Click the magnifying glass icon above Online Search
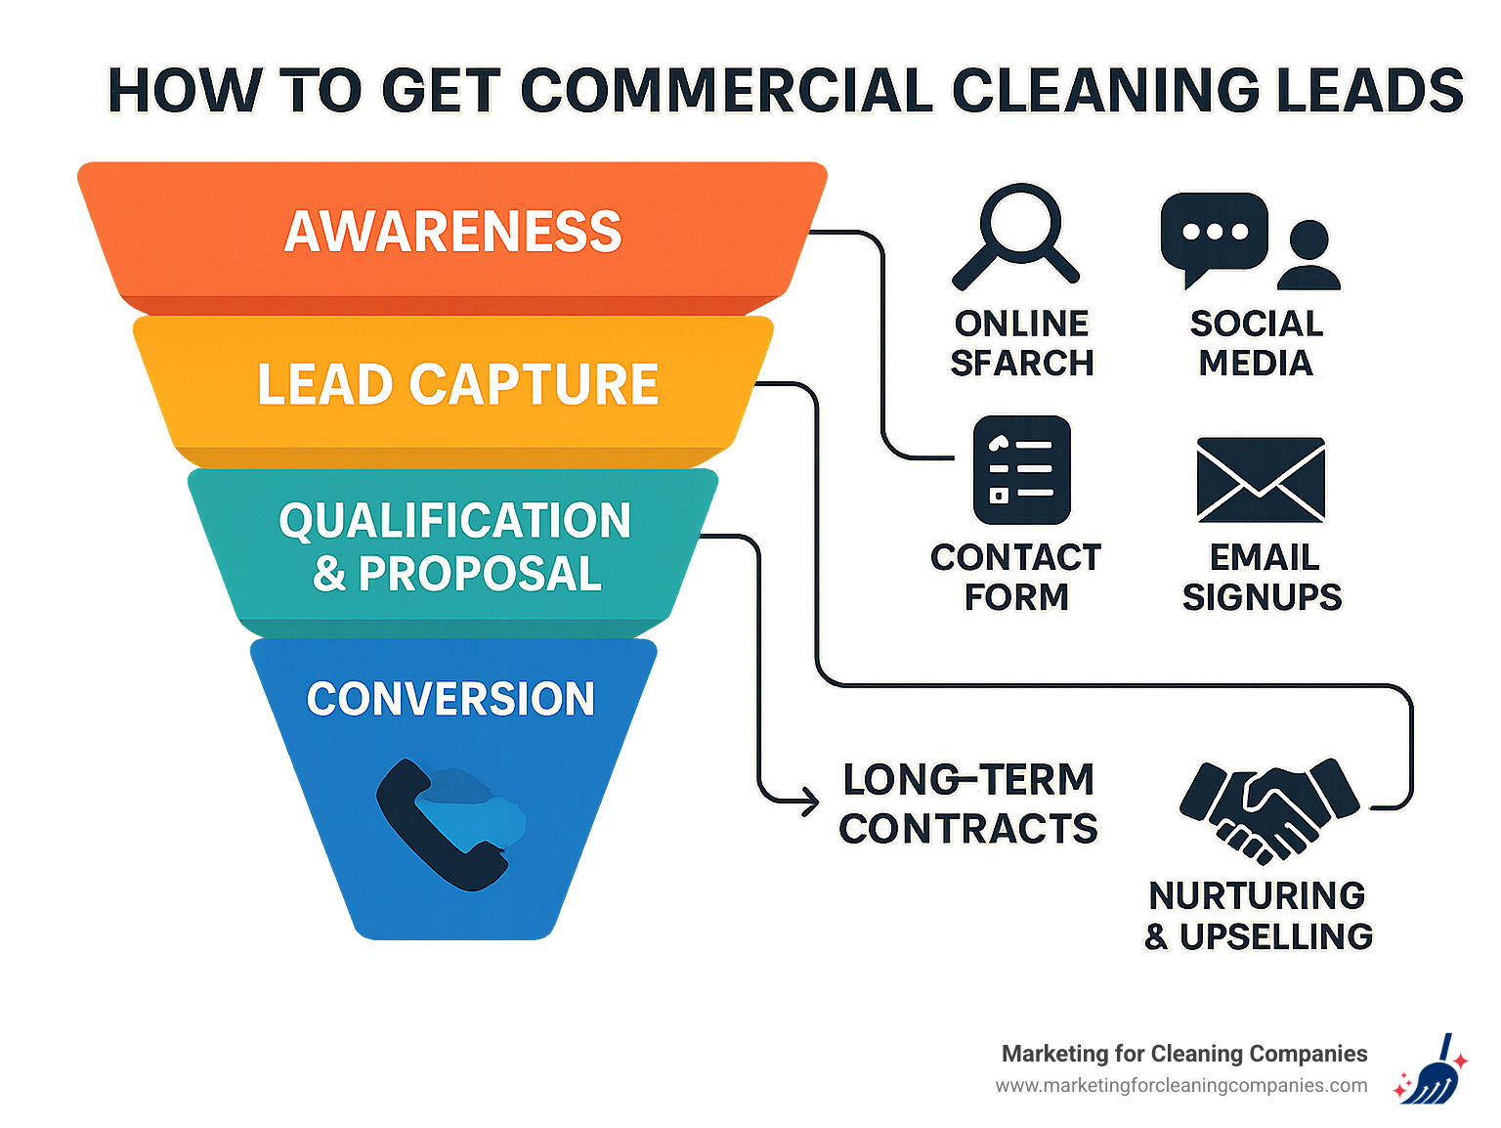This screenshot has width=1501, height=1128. (x=1017, y=235)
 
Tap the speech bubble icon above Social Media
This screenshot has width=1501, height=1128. (x=1213, y=235)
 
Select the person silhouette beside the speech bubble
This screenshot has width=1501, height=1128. (x=1308, y=255)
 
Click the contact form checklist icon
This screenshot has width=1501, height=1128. (x=1021, y=470)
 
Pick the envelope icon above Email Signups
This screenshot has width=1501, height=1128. (x=1261, y=480)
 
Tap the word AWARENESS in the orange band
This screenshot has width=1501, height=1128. (x=452, y=233)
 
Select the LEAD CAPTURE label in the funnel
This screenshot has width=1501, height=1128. (x=457, y=384)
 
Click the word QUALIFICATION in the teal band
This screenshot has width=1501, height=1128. (x=454, y=521)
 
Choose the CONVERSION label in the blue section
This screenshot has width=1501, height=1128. (x=450, y=699)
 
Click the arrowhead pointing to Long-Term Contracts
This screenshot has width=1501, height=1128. (x=809, y=802)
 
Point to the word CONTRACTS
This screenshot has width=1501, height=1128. (x=967, y=829)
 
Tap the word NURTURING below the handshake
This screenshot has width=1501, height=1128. (x=1257, y=895)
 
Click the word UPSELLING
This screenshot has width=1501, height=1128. (x=1275, y=936)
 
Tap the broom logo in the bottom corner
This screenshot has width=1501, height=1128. (x=1431, y=1071)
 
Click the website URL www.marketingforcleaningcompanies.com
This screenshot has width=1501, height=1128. (x=1180, y=1086)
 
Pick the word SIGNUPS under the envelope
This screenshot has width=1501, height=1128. (x=1262, y=597)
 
